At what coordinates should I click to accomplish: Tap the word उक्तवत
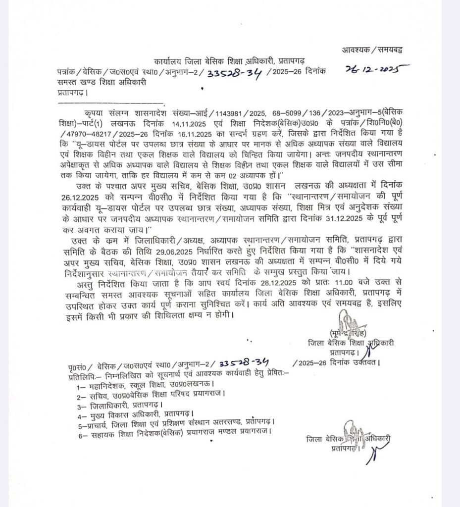click(363, 364)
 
